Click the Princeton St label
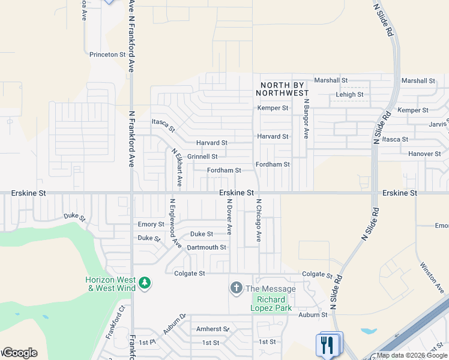[107, 54]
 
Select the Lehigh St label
[349, 95]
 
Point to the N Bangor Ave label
[306, 119]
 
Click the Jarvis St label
[439, 124]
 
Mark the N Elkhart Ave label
[177, 167]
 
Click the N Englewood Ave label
[175, 223]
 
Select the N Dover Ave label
[229, 217]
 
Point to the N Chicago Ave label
[259, 220]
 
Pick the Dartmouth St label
[206, 247]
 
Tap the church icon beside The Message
[237, 289]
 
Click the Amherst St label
[213, 329]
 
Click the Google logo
[20, 353]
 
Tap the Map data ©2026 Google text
[412, 355]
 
